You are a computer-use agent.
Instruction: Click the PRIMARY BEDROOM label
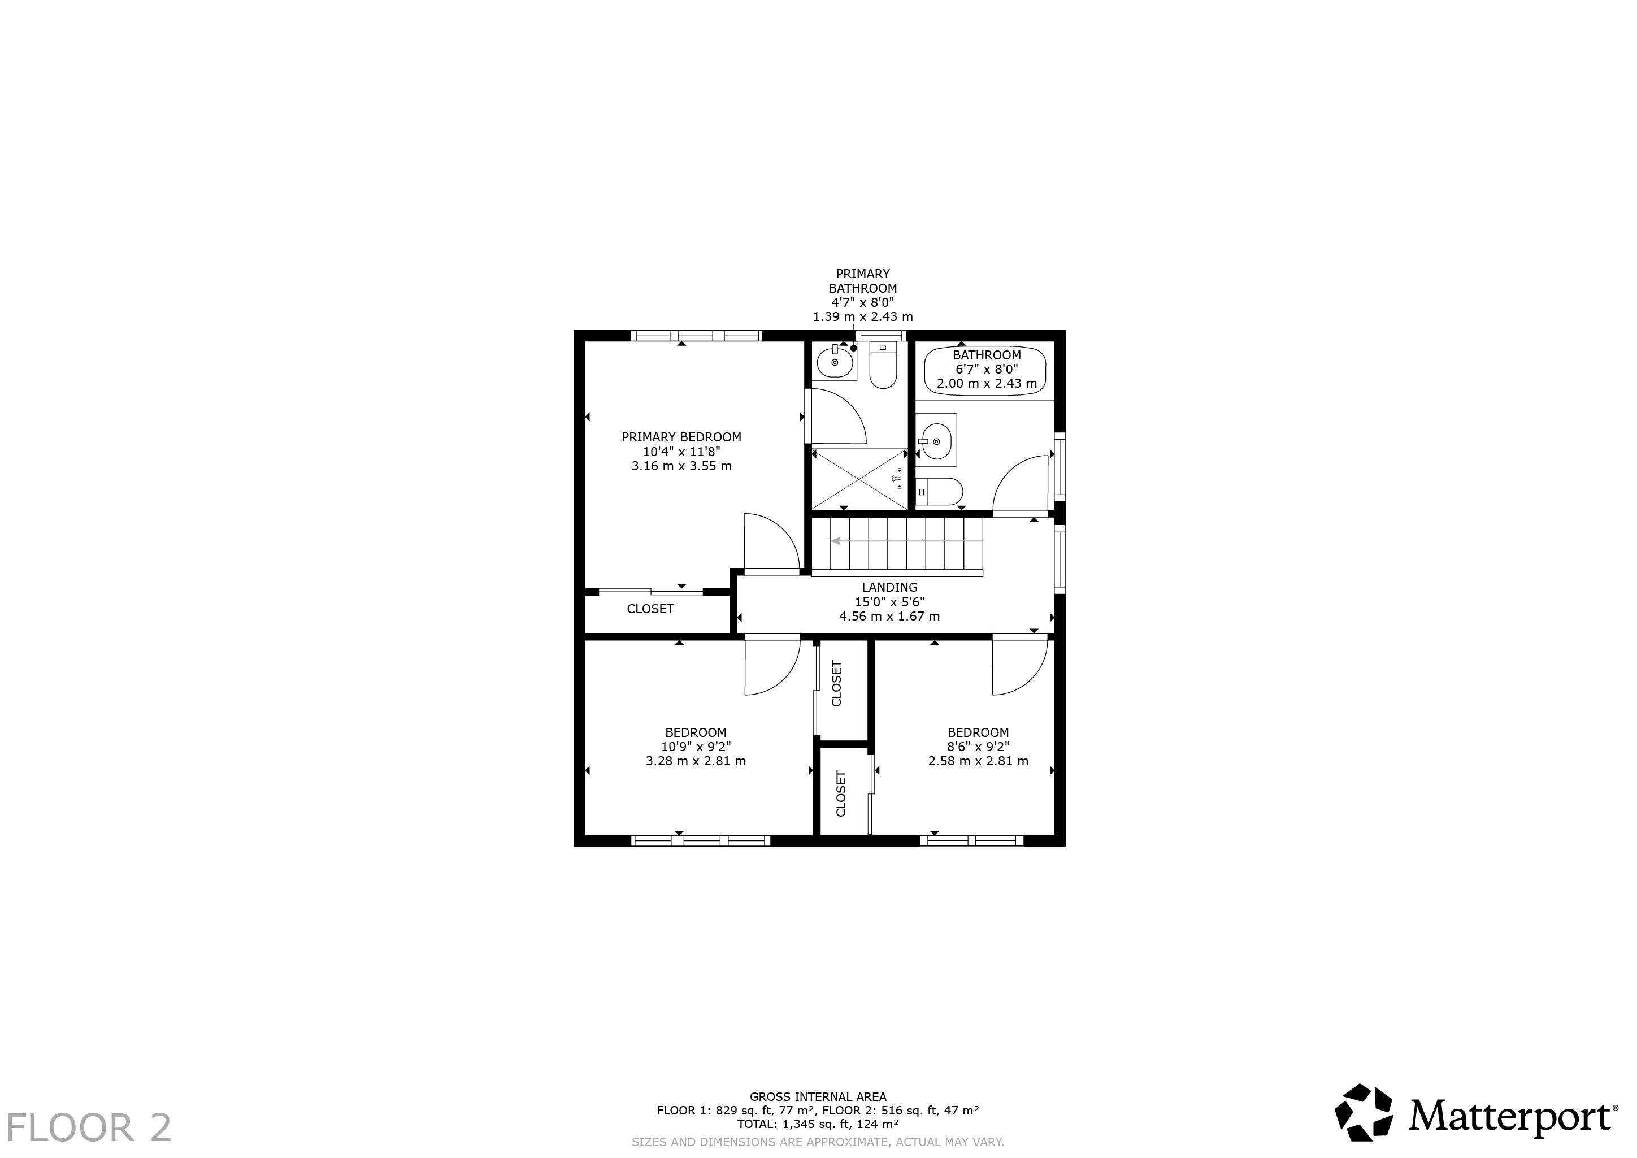[x=681, y=437]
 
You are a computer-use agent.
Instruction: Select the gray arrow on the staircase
[x=907, y=541]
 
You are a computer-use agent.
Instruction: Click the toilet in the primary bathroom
[x=883, y=366]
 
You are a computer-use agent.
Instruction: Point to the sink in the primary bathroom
[x=835, y=362]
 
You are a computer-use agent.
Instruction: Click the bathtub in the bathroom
[x=985, y=370]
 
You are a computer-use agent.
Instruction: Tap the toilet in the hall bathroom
[x=939, y=491]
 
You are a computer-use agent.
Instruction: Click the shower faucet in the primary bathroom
[x=898, y=479]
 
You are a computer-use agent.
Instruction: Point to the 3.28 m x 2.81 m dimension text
[x=696, y=761]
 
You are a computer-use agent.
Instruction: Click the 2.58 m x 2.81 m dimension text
[x=978, y=761]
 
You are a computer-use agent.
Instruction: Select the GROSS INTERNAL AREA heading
[x=818, y=1096]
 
